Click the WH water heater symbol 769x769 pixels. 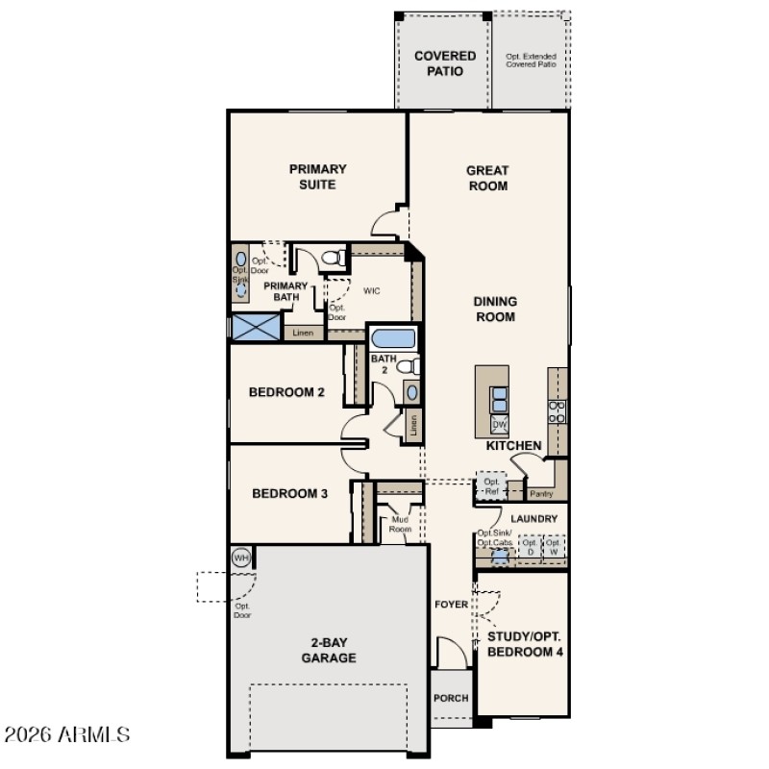(240, 557)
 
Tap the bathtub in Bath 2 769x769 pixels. (393, 339)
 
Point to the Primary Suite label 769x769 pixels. (317, 176)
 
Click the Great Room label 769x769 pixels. (487, 178)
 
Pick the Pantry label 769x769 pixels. (541, 494)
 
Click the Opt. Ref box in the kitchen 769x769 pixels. (492, 485)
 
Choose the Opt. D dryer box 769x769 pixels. (529, 548)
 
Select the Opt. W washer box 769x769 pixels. (554, 548)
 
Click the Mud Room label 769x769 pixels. (400, 525)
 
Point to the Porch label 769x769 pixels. (450, 699)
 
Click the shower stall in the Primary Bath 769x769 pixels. (255, 327)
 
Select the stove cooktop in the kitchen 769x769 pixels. (558, 411)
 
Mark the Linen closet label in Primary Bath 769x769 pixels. (303, 334)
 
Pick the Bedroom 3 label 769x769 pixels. (289, 493)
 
